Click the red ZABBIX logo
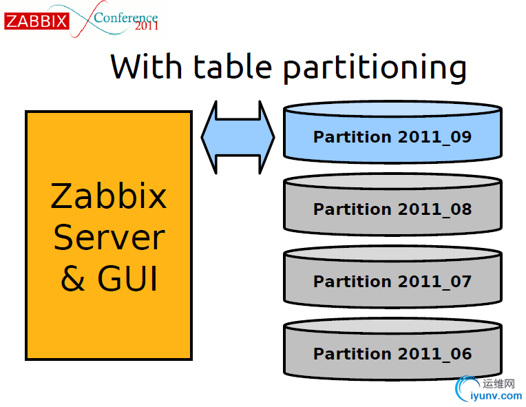coord(36,21)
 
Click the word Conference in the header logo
coord(126,17)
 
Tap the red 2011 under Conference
coord(147,26)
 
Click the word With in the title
coord(146,66)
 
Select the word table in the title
coord(233,66)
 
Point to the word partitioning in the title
coord(375,68)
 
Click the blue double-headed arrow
coord(238,137)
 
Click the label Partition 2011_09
coord(392,137)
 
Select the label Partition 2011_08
coord(392,209)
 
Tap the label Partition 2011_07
coord(392,281)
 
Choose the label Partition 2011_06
coord(392,354)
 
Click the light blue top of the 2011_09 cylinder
coord(392,109)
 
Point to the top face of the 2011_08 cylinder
coord(392,181)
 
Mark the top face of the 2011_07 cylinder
coord(392,253)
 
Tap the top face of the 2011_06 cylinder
coord(392,326)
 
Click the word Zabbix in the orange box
coord(109,196)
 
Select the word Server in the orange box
coord(109,238)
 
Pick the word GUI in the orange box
coord(127,278)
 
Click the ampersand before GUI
coord(73,278)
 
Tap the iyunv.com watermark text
coord(496,396)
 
